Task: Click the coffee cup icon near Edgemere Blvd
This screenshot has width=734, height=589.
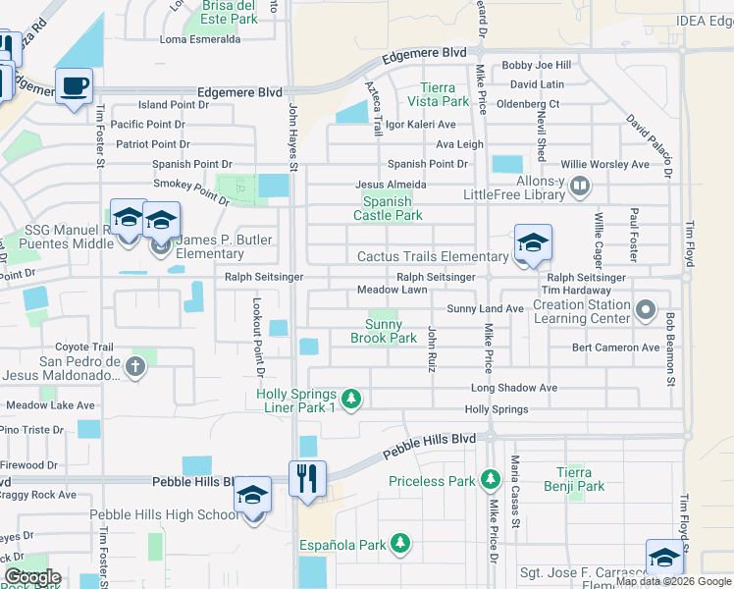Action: point(75,86)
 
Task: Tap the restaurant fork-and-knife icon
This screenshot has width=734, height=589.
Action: point(307,479)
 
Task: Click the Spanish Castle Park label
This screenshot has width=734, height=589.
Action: point(388,208)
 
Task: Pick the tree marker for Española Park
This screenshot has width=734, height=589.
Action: point(399,543)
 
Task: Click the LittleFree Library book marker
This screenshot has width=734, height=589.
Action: point(580,184)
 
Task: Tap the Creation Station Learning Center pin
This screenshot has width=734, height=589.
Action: point(645,311)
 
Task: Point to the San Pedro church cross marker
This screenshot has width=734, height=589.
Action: point(135,367)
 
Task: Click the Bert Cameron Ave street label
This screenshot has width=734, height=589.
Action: point(616,348)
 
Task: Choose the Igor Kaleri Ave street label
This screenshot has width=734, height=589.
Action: point(420,125)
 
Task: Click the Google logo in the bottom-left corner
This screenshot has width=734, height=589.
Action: point(32,577)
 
